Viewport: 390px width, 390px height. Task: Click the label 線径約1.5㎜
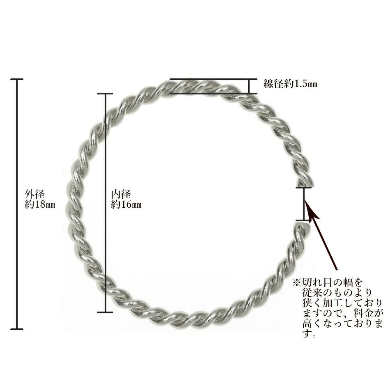pyautogui.click(x=290, y=85)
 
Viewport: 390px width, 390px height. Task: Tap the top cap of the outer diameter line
pyautogui.click(x=17, y=79)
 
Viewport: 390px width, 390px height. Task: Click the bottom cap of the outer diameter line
pyautogui.click(x=17, y=329)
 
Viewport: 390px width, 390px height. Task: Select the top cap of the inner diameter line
pyautogui.click(x=105, y=94)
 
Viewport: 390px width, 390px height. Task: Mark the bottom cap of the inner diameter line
pyautogui.click(x=105, y=312)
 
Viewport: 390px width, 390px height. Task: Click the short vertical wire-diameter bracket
pyautogui.click(x=249, y=86)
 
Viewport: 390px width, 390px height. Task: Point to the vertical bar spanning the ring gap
pyautogui.click(x=304, y=204)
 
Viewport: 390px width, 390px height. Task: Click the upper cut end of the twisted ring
pyautogui.click(x=304, y=181)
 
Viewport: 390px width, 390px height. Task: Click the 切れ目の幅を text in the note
pyautogui.click(x=333, y=283)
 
